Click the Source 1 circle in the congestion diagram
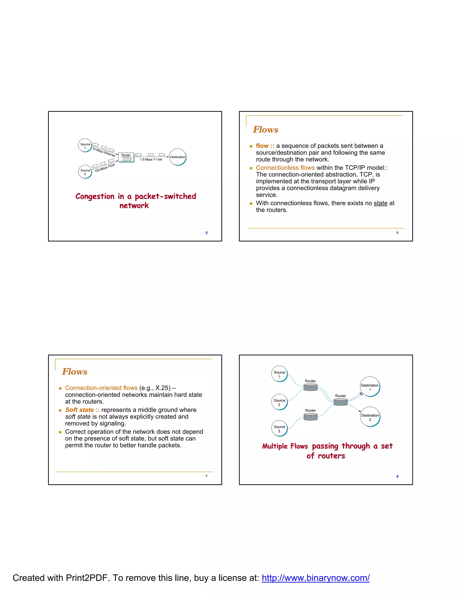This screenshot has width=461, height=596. point(85,146)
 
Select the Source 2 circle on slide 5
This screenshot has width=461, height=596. point(85,172)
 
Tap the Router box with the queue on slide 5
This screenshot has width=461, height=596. point(126,157)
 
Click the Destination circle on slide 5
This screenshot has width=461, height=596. point(178,157)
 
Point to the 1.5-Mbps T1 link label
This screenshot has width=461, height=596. point(151,160)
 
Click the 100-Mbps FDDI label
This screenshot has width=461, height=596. point(105,168)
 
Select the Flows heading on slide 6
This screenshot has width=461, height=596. point(265,129)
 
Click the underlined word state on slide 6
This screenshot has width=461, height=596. point(380,203)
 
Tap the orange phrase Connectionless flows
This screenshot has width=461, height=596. point(285,168)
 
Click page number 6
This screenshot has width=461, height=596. point(397,233)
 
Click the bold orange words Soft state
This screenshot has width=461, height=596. point(79,410)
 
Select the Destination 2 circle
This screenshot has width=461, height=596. point(370,417)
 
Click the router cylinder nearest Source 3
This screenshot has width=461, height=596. point(310,417)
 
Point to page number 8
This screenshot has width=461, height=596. point(397,477)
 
